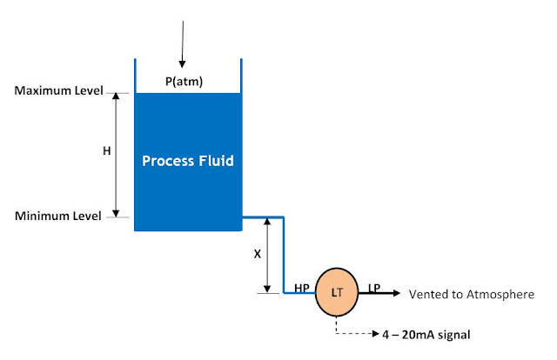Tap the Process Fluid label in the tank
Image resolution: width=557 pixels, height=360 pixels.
coord(188,162)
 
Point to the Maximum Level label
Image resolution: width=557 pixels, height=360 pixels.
coord(59,90)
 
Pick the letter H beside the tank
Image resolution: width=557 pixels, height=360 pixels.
coord(107,150)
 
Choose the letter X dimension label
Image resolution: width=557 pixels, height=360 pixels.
coord(257,255)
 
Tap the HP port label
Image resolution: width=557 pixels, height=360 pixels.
coord(303,287)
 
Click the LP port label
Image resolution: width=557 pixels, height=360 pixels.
coord(373,287)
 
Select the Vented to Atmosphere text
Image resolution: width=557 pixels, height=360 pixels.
coord(471,295)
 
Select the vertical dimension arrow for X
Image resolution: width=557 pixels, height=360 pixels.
coord(268,255)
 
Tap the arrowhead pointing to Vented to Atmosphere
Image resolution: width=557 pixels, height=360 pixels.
coord(395,294)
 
